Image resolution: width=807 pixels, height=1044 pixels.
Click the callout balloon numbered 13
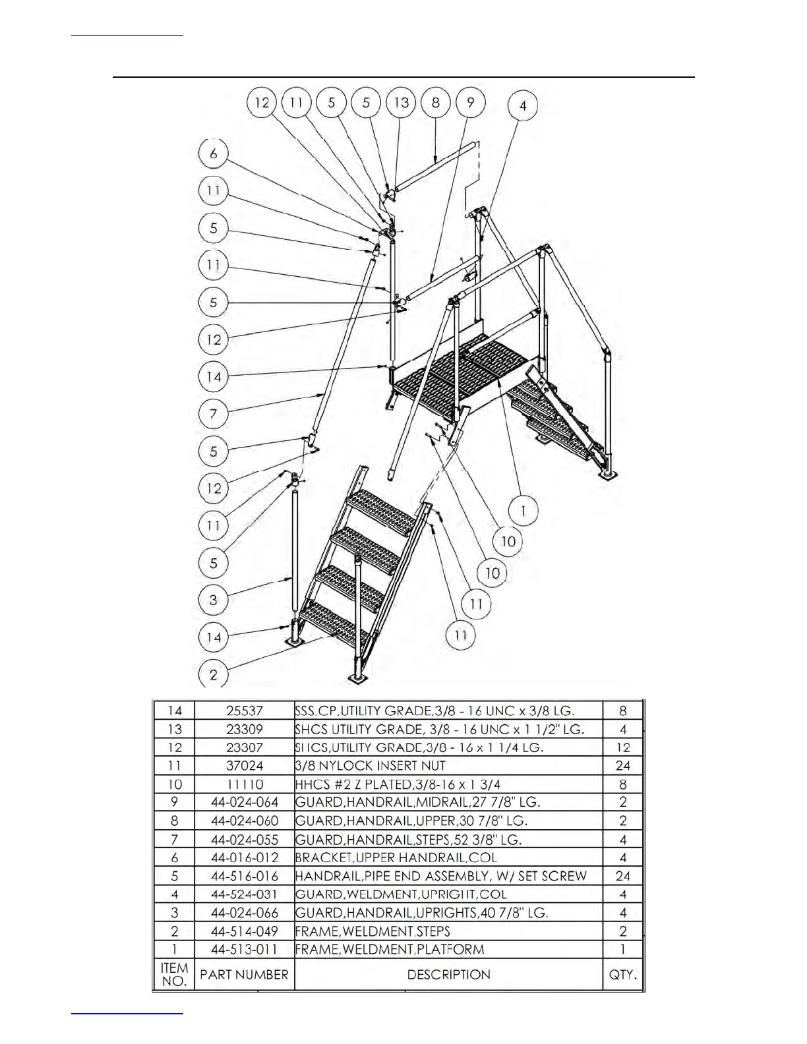click(x=401, y=103)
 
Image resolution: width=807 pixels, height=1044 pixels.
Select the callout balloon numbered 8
click(x=436, y=103)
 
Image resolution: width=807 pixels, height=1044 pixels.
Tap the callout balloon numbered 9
click(x=470, y=103)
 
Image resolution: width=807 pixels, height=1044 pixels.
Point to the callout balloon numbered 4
click(x=522, y=105)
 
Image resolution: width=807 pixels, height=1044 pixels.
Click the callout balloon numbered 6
click(x=213, y=154)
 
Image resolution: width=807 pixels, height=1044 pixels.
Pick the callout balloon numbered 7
click(x=213, y=414)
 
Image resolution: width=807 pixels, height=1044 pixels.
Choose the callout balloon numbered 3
click(x=213, y=600)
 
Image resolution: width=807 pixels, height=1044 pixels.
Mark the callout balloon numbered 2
click(x=213, y=674)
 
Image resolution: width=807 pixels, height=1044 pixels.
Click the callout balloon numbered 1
click(x=523, y=510)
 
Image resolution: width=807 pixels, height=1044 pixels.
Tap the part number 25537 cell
click(x=244, y=710)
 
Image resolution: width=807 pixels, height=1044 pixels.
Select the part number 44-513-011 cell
click(x=244, y=949)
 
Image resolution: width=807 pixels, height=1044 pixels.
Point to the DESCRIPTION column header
click(x=448, y=974)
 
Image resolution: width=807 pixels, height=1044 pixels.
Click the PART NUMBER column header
click(x=244, y=974)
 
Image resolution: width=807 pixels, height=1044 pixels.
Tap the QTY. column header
click(x=622, y=974)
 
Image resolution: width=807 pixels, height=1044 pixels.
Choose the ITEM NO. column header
click(x=174, y=974)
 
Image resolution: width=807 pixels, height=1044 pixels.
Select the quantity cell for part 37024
click(x=622, y=766)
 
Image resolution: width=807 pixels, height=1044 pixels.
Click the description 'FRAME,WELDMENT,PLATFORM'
click(x=390, y=949)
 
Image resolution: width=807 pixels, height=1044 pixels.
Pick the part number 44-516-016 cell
click(x=244, y=876)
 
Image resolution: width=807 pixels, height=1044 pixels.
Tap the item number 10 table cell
click(x=174, y=784)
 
